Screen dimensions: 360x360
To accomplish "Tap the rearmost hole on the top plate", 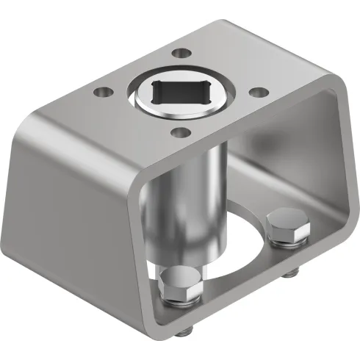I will click(x=179, y=54).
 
